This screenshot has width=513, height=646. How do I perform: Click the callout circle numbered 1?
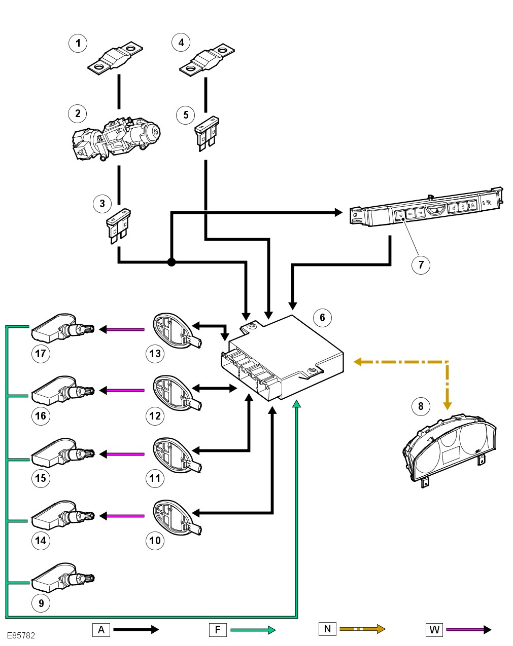(x=78, y=43)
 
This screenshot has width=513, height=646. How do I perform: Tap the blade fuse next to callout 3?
(x=119, y=225)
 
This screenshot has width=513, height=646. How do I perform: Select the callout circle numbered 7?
(x=421, y=264)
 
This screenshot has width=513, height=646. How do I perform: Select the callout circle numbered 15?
(x=41, y=478)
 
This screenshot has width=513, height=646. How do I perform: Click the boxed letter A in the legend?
(x=101, y=630)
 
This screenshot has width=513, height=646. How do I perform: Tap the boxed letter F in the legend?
(x=217, y=630)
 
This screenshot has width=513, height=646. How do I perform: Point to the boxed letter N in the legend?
(x=327, y=629)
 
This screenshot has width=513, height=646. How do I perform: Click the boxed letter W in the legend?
(x=434, y=630)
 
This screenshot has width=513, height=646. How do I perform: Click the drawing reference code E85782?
(x=21, y=635)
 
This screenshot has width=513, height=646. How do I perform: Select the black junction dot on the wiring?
(x=172, y=262)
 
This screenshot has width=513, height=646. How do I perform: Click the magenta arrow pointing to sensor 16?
(x=122, y=391)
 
